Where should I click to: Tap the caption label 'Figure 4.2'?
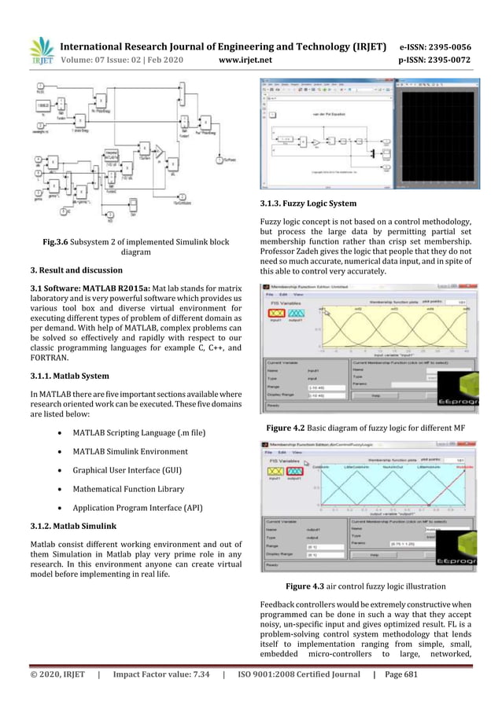290,428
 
